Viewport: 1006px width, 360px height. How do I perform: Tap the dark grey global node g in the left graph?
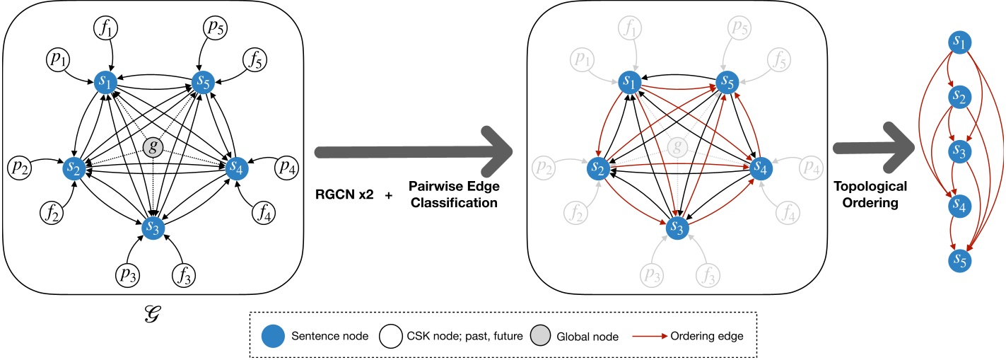[x=151, y=146]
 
